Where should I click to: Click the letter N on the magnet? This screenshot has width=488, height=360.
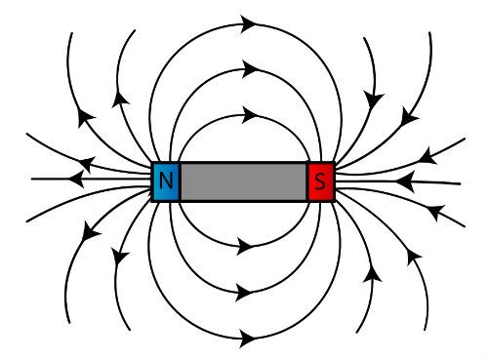[166, 180]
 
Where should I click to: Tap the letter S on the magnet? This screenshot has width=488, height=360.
[321, 181]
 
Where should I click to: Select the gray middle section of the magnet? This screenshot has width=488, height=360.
[243, 181]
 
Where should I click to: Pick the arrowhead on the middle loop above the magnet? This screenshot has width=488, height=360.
[250, 69]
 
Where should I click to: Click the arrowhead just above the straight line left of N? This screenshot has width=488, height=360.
[88, 162]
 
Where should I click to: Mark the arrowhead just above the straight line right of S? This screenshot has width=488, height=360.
[427, 155]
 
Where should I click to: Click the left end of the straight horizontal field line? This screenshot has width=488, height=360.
[33, 180]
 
